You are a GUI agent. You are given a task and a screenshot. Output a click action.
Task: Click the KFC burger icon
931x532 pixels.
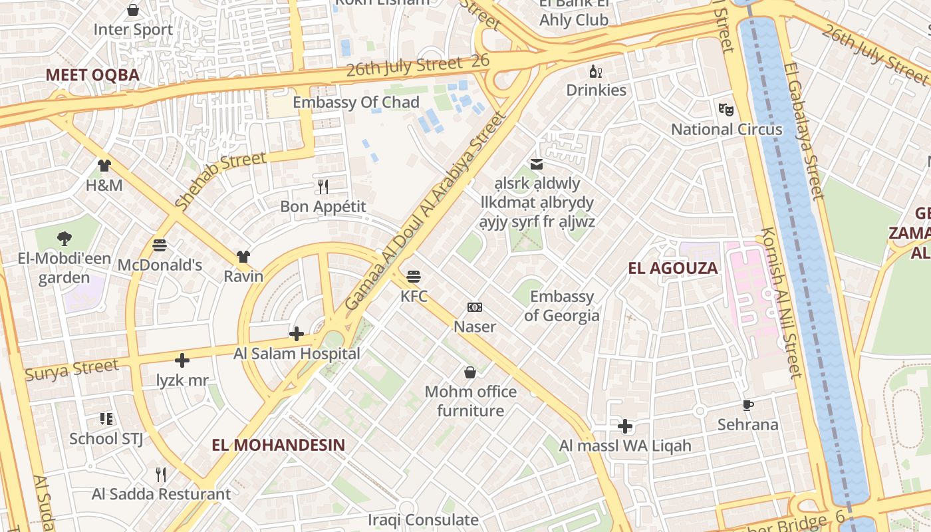[414, 276]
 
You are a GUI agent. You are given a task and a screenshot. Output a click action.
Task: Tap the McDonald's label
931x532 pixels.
[160, 265]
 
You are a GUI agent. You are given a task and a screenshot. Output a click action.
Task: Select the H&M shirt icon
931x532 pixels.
[104, 165]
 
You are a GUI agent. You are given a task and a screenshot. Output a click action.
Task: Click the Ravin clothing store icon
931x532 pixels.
[243, 257]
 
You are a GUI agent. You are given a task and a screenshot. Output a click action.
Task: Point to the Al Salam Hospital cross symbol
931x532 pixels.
[297, 333]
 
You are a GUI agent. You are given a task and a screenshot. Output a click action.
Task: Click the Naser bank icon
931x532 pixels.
[475, 307]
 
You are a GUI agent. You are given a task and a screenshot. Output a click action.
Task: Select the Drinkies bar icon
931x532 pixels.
[596, 71]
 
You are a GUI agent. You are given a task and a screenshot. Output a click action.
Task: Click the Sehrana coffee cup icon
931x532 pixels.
[748, 405]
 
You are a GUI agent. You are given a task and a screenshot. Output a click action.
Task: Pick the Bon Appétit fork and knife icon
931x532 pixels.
[323, 186]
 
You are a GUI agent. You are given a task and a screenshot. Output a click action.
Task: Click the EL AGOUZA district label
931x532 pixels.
[674, 269]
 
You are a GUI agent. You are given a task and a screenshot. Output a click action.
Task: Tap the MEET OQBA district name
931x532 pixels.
[92, 74]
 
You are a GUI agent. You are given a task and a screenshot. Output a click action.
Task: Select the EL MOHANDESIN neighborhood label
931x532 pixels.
[279, 445]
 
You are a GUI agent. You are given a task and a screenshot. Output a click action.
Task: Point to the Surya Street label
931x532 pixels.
[72, 369]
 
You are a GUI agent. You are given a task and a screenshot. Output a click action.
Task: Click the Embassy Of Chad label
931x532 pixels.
[356, 102]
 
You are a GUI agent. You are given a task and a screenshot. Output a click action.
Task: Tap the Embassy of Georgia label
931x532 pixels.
[562, 306]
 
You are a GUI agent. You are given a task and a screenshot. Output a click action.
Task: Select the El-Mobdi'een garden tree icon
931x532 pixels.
[65, 238]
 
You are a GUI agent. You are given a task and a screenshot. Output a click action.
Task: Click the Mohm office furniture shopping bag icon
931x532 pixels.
[470, 372]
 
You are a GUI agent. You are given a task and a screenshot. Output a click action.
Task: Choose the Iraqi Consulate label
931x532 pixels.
[424, 519]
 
